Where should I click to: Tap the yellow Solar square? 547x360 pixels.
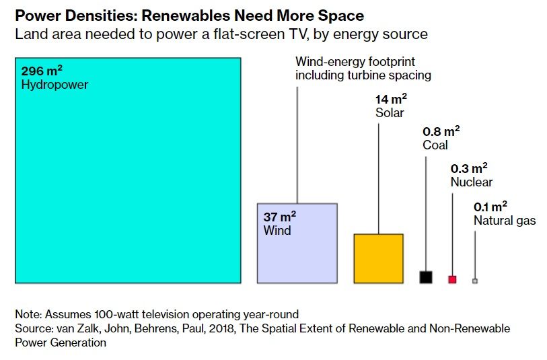[x=378, y=258]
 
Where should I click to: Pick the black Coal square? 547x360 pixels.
[x=425, y=277]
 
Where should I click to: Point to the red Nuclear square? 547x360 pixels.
[x=452, y=279]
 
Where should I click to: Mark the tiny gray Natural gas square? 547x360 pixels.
[x=475, y=281]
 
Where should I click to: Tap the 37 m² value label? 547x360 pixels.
[x=280, y=217]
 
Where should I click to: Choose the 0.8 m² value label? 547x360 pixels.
[x=441, y=131]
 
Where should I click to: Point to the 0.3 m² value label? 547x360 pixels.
[x=469, y=168]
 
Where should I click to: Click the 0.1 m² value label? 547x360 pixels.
[x=490, y=206]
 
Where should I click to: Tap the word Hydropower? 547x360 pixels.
[x=54, y=85]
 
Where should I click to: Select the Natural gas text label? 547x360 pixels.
[x=505, y=220]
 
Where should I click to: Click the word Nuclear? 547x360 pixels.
[x=472, y=182]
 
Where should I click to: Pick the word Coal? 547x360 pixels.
[x=435, y=145]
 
